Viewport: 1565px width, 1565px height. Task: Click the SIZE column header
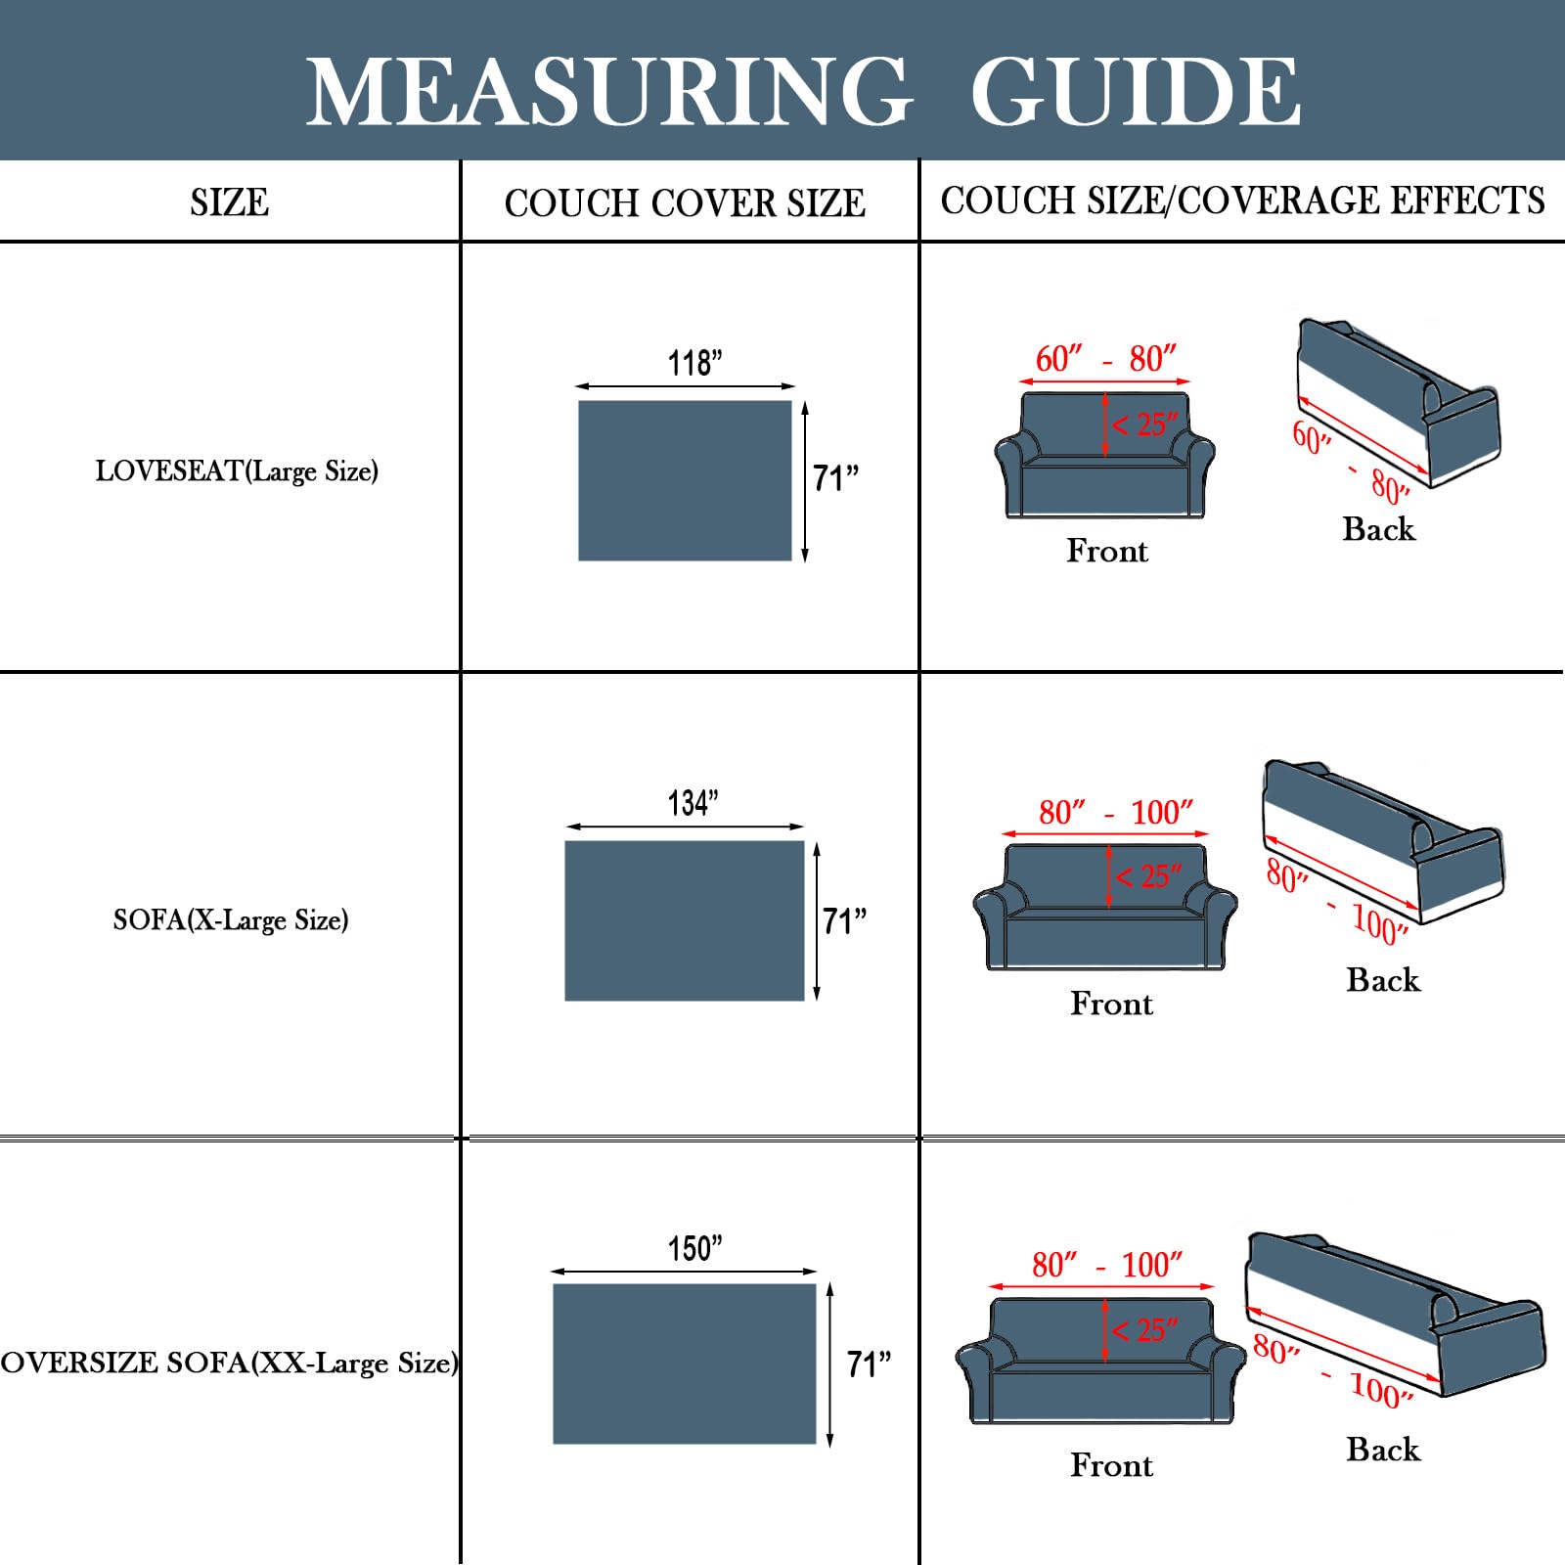coord(229,202)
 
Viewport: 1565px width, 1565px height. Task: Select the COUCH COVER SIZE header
coord(685,203)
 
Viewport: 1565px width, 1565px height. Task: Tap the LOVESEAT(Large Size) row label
coord(237,471)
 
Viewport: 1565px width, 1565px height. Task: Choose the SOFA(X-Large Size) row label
coord(231,919)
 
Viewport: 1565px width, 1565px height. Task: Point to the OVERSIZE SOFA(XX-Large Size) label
coord(229,1363)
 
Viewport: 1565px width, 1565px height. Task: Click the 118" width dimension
coord(694,363)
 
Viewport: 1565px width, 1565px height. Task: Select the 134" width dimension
coord(693,803)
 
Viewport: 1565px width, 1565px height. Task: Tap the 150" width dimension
coord(694,1248)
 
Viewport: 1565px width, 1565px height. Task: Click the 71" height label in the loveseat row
coord(835,478)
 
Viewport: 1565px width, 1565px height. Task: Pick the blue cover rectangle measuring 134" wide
coord(685,920)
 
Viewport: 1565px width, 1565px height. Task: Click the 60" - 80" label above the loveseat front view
coord(1105,359)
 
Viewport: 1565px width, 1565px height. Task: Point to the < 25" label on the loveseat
coord(1145,425)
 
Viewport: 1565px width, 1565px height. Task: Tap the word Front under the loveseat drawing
coord(1107,551)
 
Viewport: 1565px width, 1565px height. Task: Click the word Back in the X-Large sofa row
coord(1383,979)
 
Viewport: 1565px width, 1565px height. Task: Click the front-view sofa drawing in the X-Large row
coord(1105,907)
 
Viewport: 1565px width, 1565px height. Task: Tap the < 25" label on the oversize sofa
coord(1145,1330)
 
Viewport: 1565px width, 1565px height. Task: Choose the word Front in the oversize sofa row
coord(1111,1465)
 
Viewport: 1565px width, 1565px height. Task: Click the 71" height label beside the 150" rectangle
coord(869,1364)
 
